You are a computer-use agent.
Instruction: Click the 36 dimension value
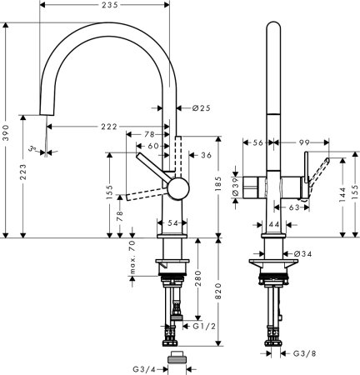pyautogui.click(x=207, y=154)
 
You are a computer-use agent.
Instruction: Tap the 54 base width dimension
pyautogui.click(x=172, y=223)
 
